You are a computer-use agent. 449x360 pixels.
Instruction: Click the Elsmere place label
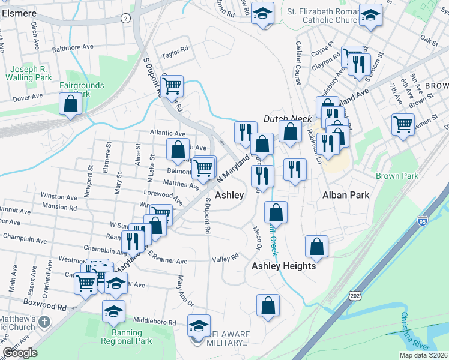[19, 13]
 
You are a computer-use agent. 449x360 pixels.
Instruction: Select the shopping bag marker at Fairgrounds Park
[71, 104]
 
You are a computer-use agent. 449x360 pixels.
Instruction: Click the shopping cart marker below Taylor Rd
[172, 86]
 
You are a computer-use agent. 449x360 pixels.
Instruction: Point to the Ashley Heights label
[283, 266]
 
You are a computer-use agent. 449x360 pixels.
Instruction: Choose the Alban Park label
[345, 195]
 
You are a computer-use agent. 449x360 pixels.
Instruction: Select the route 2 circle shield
[125, 19]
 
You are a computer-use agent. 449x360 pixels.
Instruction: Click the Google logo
[20, 353]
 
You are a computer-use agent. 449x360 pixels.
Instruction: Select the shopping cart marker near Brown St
[403, 125]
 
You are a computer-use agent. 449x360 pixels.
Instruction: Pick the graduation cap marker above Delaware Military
[199, 326]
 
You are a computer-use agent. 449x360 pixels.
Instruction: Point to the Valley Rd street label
[226, 256]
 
